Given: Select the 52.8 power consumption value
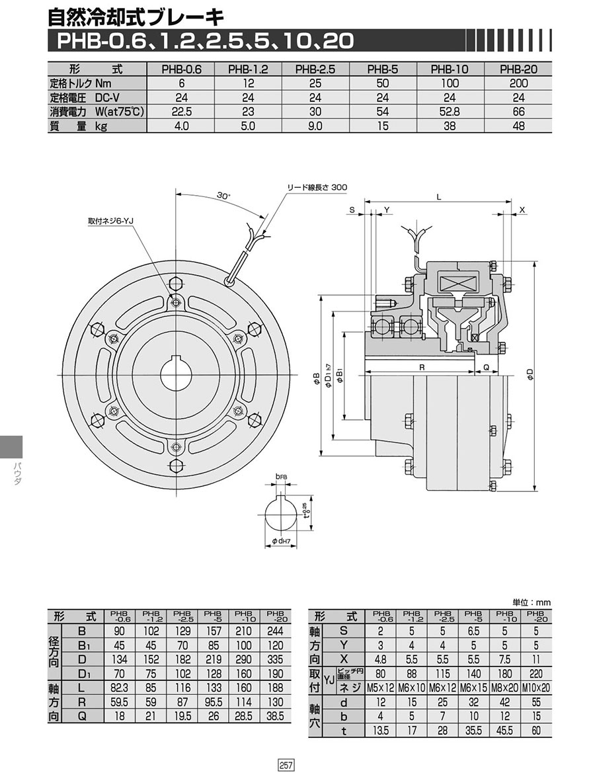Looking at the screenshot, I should click(x=450, y=112).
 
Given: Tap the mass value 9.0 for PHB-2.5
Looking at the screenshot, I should click(x=315, y=126).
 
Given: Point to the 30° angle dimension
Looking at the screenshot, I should click(x=223, y=196).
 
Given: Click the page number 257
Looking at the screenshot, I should click(x=286, y=764).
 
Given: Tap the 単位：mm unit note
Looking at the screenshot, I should click(x=532, y=602).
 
